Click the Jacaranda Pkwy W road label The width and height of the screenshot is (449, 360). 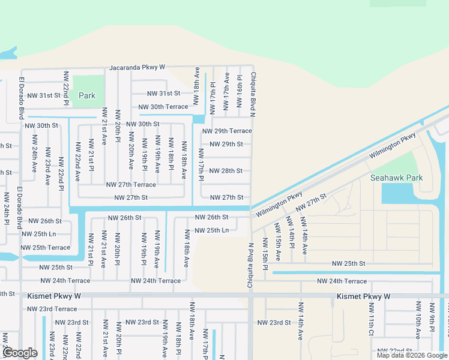(x=137, y=68)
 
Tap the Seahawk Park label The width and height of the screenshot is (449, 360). (x=396, y=178)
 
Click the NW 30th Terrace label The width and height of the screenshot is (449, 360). (x=163, y=107)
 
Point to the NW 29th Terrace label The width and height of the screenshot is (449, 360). (x=227, y=131)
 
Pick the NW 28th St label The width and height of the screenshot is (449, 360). (x=226, y=171)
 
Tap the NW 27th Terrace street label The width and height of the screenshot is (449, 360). (x=131, y=185)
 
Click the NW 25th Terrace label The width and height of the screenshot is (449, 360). (x=45, y=247)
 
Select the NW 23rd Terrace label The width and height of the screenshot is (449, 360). (x=52, y=309)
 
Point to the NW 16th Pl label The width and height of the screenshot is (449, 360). (x=240, y=87)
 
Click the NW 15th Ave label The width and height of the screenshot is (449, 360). (x=278, y=241)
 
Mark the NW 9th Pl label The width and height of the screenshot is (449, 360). (x=432, y=320)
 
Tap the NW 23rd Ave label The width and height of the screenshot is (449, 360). (x=48, y=166)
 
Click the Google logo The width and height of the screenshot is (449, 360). (x=20, y=353)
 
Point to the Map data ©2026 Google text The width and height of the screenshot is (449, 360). (x=411, y=355)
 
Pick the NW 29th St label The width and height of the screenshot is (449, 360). (x=226, y=145)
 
